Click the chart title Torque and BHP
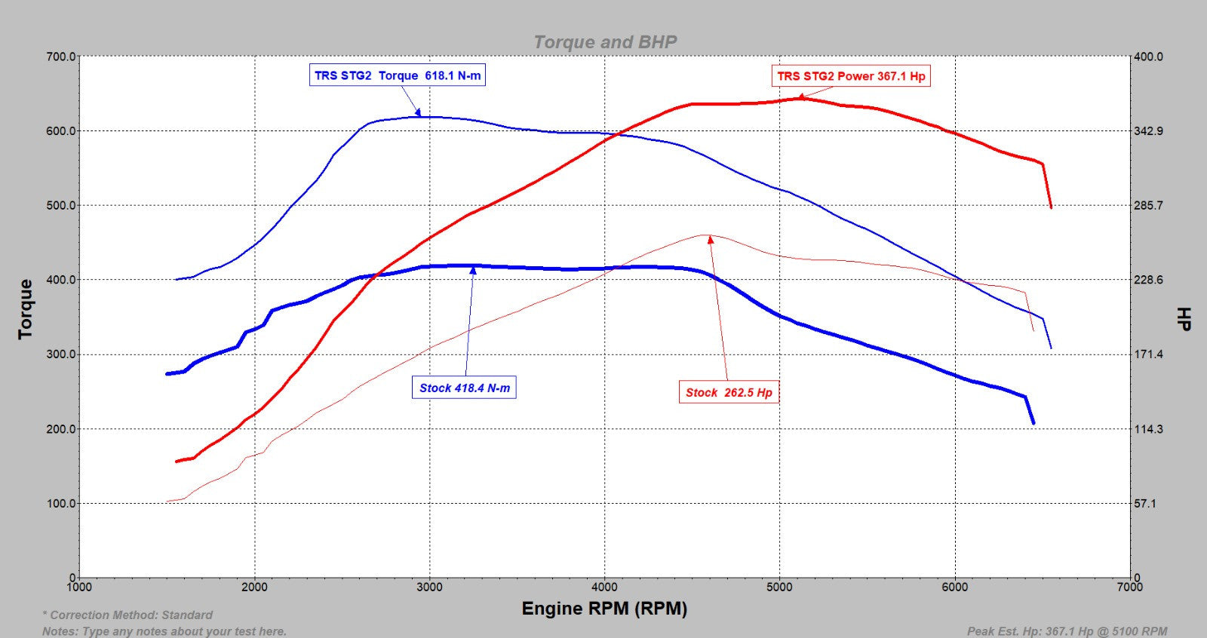[605, 42]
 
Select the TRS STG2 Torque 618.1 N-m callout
[398, 75]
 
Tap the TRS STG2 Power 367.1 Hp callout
[851, 76]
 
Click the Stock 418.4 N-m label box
[464, 388]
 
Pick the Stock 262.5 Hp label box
[729, 392]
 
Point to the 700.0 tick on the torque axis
[61, 57]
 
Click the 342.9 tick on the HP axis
[1148, 131]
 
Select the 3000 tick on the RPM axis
[429, 587]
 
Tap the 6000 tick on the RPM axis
[954, 587]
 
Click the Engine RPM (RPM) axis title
[604, 609]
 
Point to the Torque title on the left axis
[26, 309]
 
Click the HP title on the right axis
[1184, 318]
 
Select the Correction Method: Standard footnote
[127, 615]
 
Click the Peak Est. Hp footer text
[1067, 631]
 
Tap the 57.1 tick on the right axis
[1144, 504]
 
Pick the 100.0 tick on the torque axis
[61, 504]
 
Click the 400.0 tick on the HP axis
[1148, 57]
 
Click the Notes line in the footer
[164, 631]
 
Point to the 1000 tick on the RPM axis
[79, 587]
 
